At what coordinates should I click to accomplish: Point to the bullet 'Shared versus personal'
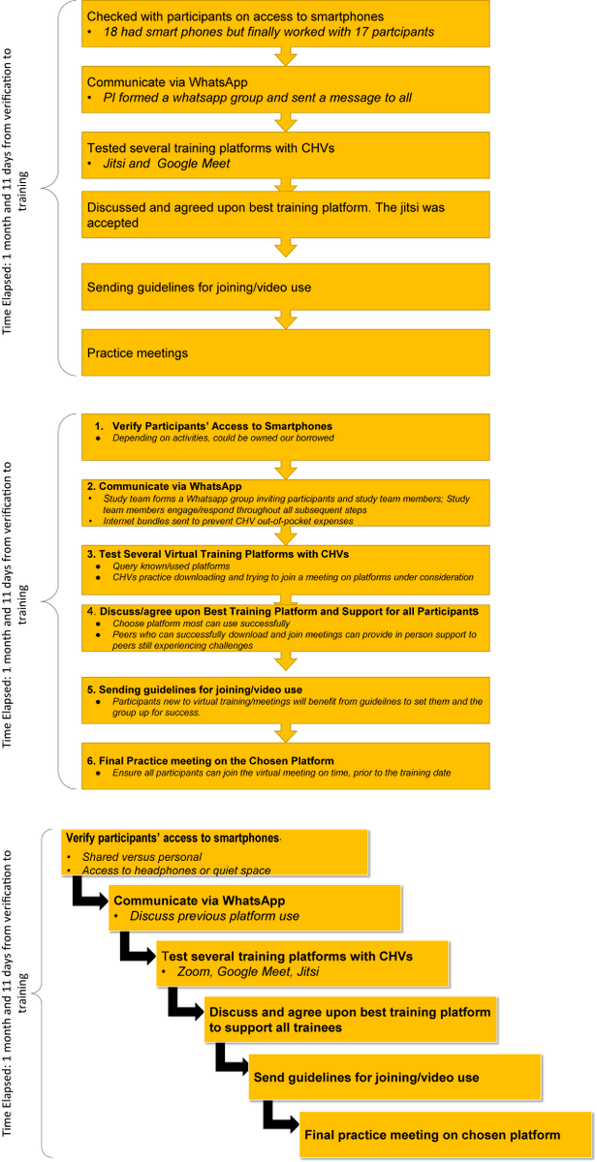[141, 857]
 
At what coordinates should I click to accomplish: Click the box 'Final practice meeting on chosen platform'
[432, 1135]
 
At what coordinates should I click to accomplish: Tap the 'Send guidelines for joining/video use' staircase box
[366, 1077]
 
